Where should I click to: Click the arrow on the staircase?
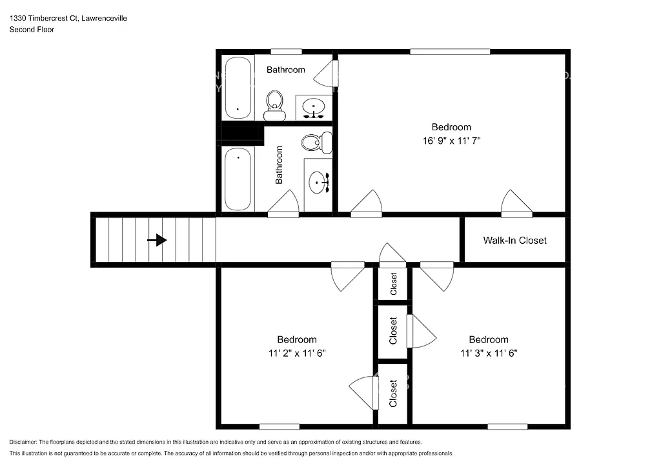[157, 240]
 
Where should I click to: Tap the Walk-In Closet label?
[514, 240]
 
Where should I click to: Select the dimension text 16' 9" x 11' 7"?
[451, 140]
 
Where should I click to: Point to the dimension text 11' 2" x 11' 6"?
[297, 353]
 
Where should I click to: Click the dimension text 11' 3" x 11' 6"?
[489, 353]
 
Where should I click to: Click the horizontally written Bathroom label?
[285, 70]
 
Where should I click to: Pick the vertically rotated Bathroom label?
[280, 165]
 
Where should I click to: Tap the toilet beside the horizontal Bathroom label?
[275, 104]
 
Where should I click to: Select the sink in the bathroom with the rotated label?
[318, 182]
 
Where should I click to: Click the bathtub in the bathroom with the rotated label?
[238, 179]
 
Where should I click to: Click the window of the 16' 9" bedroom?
[451, 52]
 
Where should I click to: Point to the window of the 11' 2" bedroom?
[279, 426]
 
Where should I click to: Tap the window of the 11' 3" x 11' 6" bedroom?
[507, 426]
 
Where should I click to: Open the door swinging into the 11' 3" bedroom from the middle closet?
[420, 330]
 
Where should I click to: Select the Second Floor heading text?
[32, 29]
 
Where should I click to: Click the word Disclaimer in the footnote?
[25, 442]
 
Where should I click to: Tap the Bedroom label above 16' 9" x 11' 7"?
[451, 127]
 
